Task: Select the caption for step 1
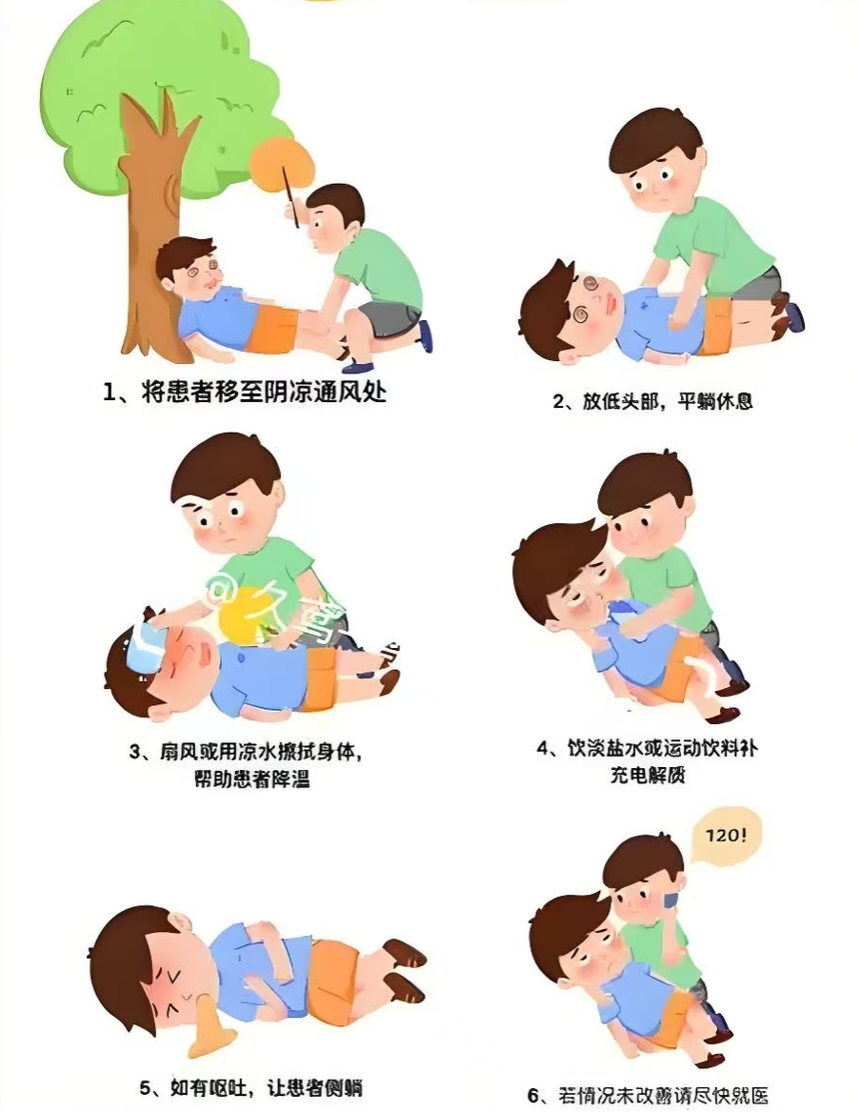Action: (245, 393)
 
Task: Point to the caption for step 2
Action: (652, 401)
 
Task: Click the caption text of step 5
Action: (250, 1087)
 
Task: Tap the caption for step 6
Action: (648, 1095)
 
